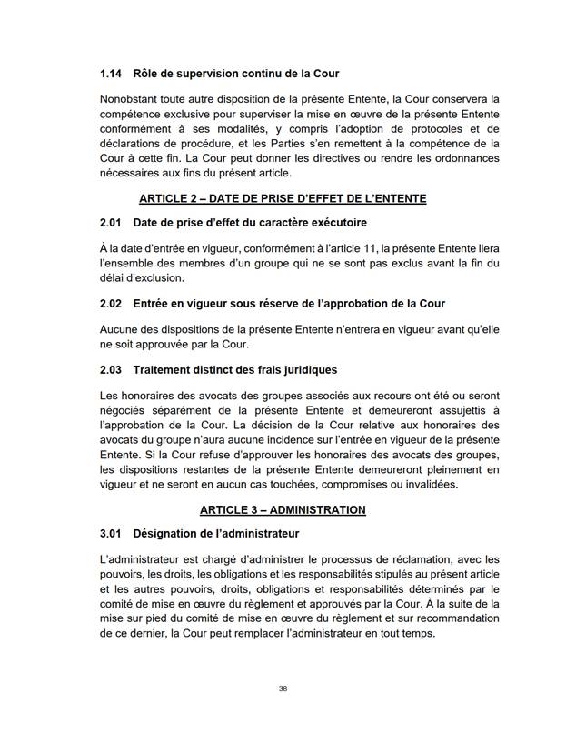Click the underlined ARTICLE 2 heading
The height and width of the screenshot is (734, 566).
coord(283,198)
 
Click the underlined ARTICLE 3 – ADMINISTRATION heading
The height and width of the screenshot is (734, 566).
coord(283,509)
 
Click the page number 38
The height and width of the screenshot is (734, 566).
coord(283,689)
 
